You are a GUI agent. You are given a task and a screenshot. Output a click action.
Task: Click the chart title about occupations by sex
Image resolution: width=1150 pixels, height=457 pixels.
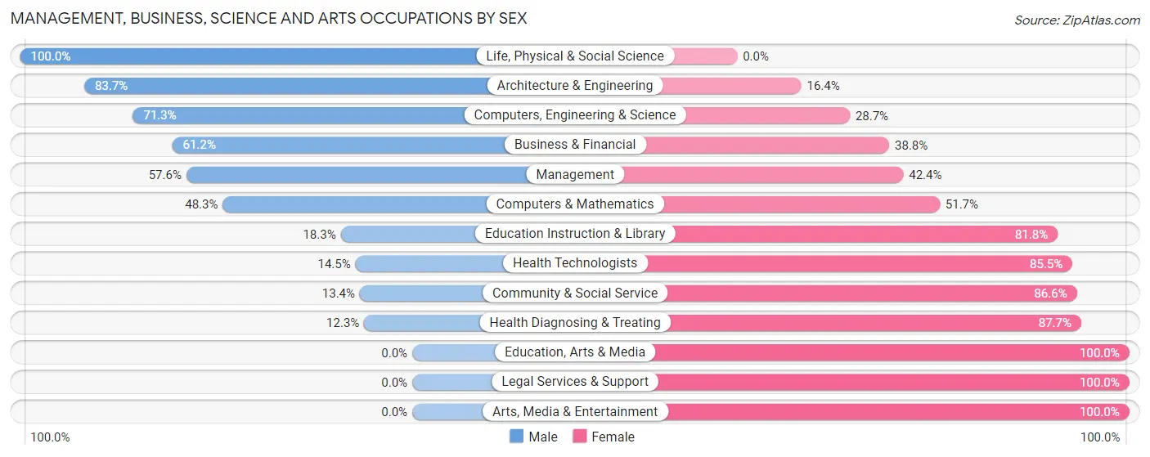tap(268, 18)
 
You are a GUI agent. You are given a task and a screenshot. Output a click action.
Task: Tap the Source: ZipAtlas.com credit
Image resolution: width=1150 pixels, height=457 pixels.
tap(1076, 20)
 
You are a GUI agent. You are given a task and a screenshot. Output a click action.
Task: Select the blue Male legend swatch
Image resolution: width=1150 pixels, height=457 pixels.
tap(516, 437)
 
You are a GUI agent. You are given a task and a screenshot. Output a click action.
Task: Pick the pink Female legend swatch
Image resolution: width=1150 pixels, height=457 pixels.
tap(580, 437)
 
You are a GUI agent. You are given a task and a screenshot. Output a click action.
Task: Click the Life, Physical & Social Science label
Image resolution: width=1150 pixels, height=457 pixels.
tap(575, 56)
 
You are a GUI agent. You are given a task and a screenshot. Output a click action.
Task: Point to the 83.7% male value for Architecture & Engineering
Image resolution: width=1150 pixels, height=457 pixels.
tap(111, 86)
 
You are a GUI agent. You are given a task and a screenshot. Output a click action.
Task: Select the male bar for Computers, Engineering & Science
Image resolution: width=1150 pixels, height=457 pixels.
tap(303, 115)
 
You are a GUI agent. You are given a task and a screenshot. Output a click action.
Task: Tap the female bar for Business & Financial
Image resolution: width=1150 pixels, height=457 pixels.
tap(769, 145)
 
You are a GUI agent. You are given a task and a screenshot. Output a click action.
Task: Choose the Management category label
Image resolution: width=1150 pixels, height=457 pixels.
tap(575, 175)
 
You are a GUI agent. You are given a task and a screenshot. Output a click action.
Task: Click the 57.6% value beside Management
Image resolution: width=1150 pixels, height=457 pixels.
tap(165, 175)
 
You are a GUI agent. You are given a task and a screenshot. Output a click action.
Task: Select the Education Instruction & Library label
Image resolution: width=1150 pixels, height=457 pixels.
tap(575, 234)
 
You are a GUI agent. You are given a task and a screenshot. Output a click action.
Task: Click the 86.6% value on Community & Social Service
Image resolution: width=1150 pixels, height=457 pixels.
tap(1052, 293)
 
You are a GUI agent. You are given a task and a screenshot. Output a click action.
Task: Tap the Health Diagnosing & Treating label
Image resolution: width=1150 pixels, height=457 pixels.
tap(575, 323)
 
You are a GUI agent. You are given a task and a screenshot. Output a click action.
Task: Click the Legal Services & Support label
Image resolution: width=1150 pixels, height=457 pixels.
tap(575, 382)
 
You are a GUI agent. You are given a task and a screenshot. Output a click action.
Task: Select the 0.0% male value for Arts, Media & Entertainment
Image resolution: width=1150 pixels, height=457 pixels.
tap(394, 412)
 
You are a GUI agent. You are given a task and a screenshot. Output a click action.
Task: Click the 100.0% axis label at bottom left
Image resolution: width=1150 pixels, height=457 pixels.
tap(51, 437)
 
